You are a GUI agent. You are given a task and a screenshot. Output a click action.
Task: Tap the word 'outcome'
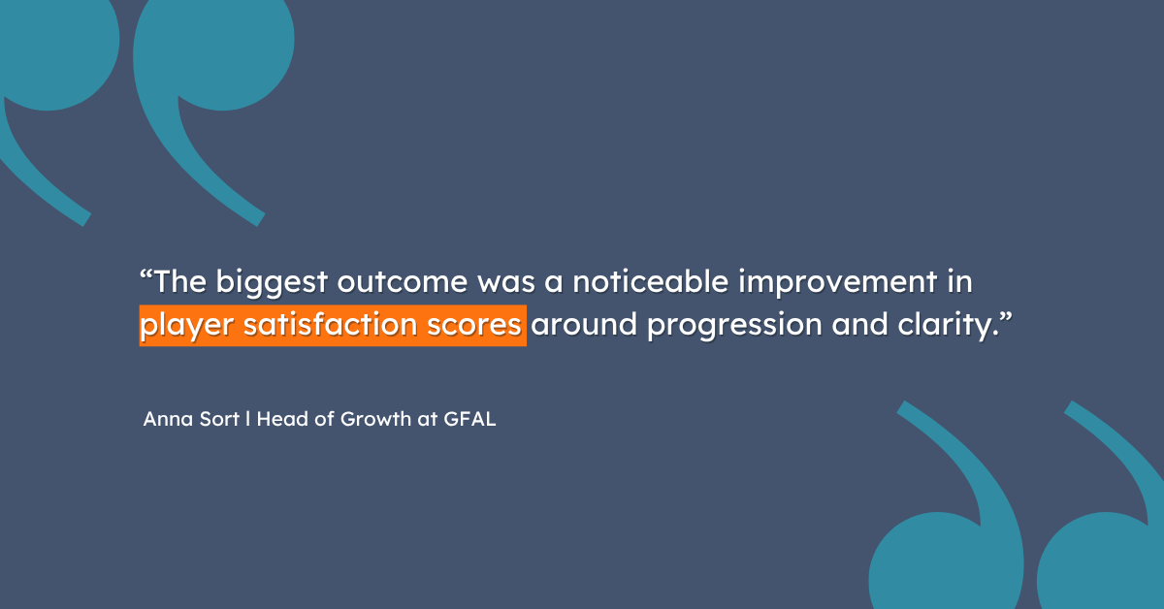click(x=403, y=282)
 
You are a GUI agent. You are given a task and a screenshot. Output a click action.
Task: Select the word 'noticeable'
click(x=651, y=281)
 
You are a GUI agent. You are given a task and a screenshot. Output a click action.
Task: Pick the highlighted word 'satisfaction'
click(x=331, y=324)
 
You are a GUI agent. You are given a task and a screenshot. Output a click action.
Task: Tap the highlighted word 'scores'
click(x=474, y=325)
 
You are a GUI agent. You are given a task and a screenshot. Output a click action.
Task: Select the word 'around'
click(x=584, y=324)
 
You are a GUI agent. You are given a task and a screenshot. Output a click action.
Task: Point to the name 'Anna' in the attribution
click(x=166, y=419)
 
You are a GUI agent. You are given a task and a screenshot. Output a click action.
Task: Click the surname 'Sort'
click(x=219, y=419)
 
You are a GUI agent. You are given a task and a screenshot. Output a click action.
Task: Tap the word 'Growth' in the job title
click(x=375, y=419)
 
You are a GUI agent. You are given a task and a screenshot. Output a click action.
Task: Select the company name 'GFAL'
click(x=469, y=419)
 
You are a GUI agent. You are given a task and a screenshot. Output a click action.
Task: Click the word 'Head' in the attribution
click(x=282, y=419)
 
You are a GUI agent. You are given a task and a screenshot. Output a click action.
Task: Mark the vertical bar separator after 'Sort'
click(x=248, y=419)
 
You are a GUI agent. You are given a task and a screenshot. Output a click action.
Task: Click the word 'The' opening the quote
click(x=180, y=281)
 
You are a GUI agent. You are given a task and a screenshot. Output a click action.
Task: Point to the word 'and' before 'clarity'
click(x=860, y=324)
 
